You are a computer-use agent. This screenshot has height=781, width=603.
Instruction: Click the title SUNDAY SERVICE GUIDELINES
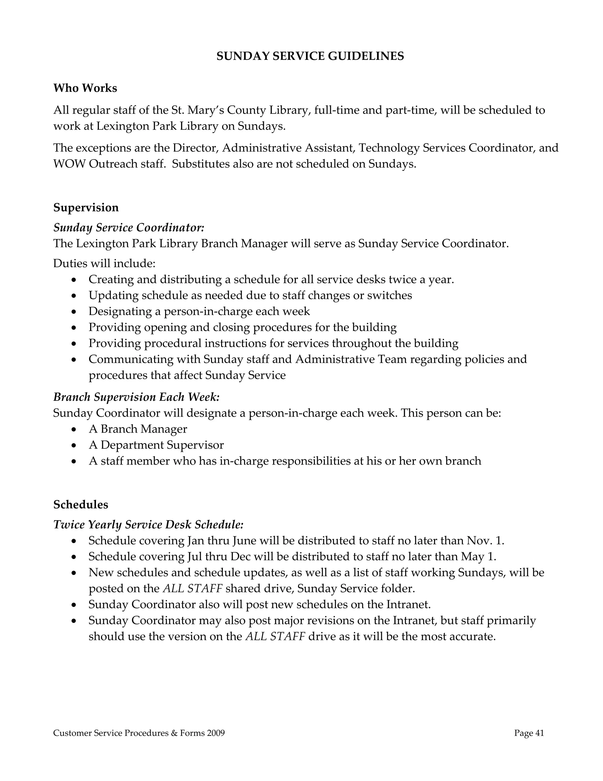pos(310,56)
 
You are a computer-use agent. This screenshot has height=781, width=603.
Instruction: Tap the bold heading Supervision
pos(86,207)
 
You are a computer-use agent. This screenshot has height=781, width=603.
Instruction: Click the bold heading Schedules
pos(81,504)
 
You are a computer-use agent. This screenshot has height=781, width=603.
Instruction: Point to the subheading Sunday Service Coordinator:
pos(129,228)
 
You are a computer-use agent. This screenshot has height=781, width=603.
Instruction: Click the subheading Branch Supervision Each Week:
pos(136,397)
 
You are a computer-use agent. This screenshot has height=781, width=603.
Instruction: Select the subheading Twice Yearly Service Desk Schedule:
pos(148,524)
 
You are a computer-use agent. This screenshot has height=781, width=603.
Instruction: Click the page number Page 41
pos(529,733)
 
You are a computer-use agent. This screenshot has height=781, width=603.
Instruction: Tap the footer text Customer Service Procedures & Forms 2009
pos(139,733)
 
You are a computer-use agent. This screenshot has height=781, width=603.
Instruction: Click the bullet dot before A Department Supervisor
pos(74,446)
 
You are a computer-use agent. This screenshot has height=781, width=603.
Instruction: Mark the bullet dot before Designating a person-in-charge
pos(74,312)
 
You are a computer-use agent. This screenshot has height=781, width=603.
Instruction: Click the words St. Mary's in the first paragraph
pos(198,110)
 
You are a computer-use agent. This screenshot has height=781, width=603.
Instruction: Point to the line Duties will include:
pos(104,263)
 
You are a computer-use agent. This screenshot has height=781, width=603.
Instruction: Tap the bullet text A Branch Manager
pos(138,429)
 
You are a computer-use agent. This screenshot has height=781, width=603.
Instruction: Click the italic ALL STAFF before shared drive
pos(193,588)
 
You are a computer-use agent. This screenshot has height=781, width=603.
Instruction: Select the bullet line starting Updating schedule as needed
pos(250,295)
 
